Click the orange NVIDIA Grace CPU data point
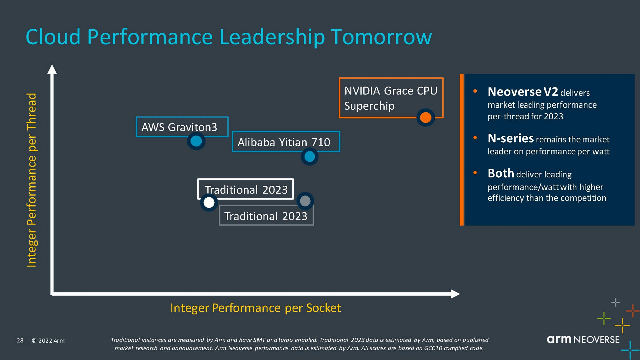click(426, 117)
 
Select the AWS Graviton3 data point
click(196, 141)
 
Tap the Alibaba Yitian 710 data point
click(310, 156)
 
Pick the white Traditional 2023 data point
click(209, 202)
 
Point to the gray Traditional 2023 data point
click(305, 201)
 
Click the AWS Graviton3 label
click(179, 127)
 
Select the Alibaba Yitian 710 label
click(284, 142)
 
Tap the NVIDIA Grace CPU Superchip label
click(391, 98)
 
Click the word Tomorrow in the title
click(381, 37)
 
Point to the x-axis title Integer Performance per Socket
click(256, 308)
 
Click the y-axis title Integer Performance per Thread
click(32, 180)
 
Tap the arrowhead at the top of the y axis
click(52, 69)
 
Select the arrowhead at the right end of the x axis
click(455, 294)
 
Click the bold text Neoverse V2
click(523, 92)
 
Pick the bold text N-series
click(511, 138)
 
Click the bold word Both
click(501, 173)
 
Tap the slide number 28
click(20, 340)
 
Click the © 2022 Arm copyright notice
click(48, 341)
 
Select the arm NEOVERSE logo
click(583, 339)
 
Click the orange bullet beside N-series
click(475, 138)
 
